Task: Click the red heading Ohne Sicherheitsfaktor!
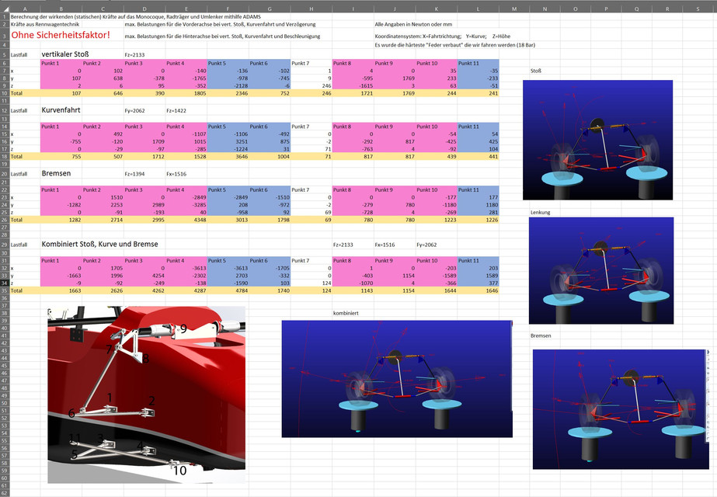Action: [61, 36]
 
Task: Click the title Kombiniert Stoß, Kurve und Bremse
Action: [99, 244]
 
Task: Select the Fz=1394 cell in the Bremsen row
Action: [134, 174]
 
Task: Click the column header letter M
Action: [514, 9]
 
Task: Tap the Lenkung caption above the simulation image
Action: [539, 211]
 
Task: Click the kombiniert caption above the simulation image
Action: [345, 313]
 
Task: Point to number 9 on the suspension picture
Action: [183, 329]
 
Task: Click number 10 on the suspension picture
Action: [179, 470]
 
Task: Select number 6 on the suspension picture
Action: [71, 414]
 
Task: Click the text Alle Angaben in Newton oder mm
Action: [412, 25]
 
